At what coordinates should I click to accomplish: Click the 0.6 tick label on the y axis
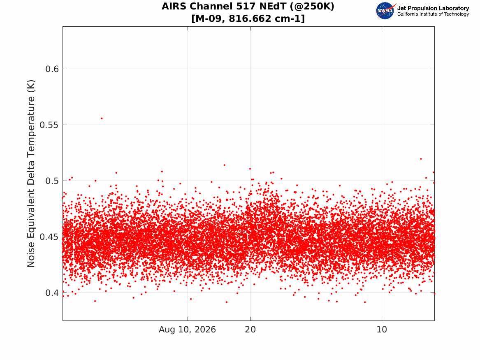click(x=52, y=69)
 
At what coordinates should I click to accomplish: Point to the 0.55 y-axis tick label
click(x=49, y=125)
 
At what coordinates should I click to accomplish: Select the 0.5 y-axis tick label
click(x=52, y=181)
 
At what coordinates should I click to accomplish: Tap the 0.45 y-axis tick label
click(x=49, y=237)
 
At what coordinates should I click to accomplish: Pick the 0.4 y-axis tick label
click(x=52, y=293)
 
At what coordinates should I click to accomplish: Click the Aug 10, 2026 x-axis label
click(x=187, y=330)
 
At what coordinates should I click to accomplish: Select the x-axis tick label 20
click(x=250, y=330)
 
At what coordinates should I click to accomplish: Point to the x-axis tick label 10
click(x=382, y=330)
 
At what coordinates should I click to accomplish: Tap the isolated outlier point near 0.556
click(x=102, y=118)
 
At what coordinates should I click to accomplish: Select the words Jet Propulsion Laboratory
click(x=433, y=8)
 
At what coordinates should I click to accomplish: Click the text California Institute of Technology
click(x=433, y=14)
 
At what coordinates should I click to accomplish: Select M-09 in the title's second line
click(x=208, y=19)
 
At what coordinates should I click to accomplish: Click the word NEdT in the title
click(x=272, y=7)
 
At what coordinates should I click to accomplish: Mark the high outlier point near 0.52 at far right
click(x=421, y=159)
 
